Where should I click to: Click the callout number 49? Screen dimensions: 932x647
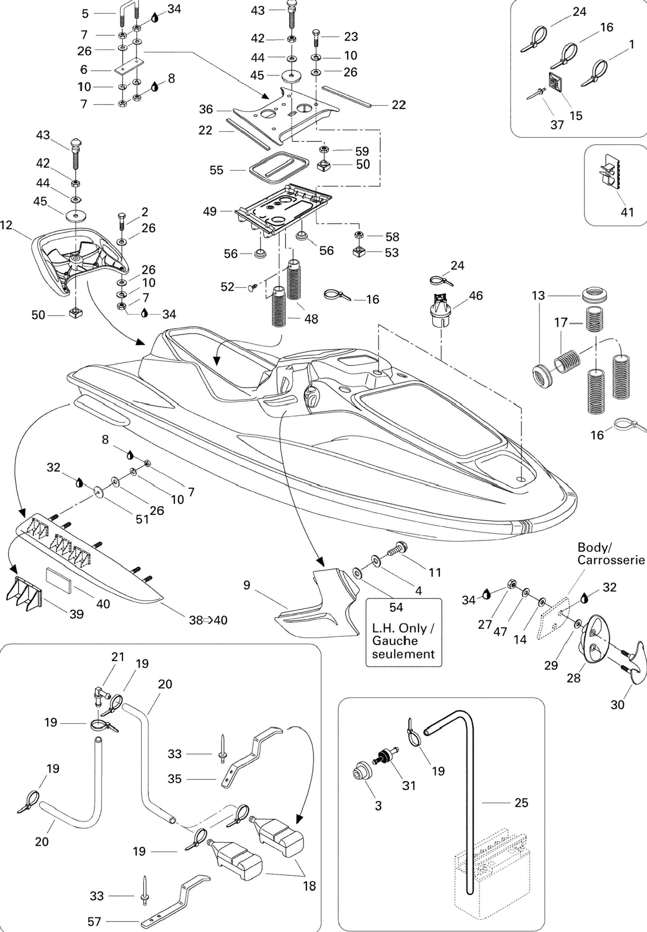(x=210, y=211)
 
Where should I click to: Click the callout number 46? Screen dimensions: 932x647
(x=476, y=295)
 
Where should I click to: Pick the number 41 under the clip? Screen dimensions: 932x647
(x=627, y=212)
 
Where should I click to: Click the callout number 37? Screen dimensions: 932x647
(x=557, y=125)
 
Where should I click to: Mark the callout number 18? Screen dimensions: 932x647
(x=309, y=886)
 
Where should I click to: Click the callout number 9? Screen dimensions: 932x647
(x=247, y=585)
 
